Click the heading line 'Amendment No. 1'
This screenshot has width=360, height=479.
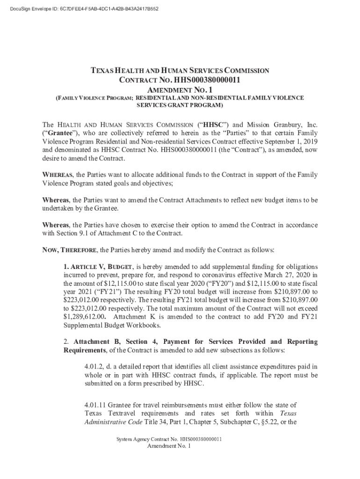(180, 89)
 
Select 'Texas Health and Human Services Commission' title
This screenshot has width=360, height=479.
(180, 71)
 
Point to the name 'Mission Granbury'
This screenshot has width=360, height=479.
(271, 125)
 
